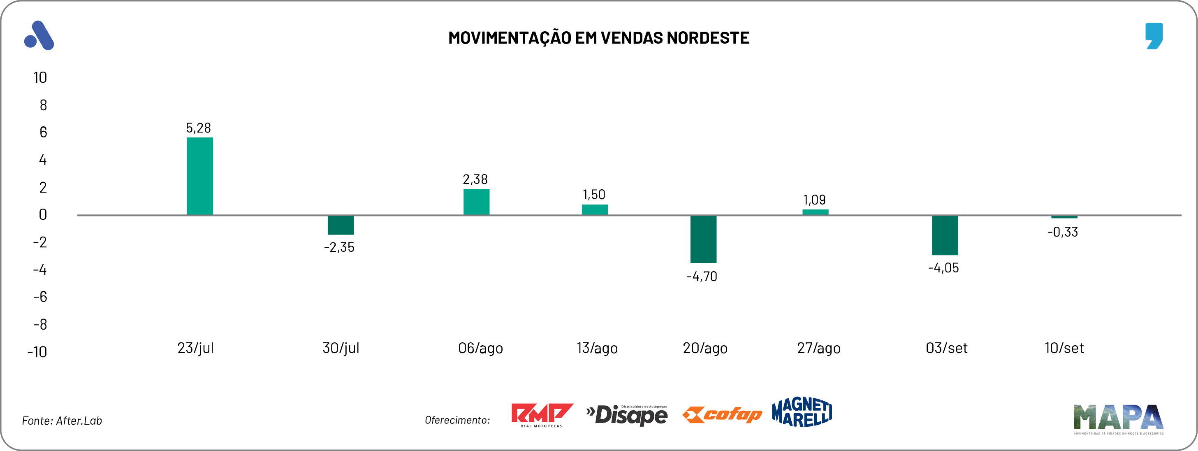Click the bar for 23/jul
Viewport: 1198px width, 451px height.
click(199, 176)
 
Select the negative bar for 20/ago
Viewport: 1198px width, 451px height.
click(703, 239)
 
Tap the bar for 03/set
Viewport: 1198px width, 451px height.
click(945, 235)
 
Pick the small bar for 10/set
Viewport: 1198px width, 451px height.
click(1064, 217)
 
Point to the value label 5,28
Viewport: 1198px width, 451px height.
click(198, 128)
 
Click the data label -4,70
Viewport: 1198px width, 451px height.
click(702, 277)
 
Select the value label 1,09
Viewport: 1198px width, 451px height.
click(814, 200)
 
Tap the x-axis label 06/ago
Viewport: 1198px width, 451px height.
click(480, 348)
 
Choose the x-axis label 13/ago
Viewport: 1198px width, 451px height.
click(597, 348)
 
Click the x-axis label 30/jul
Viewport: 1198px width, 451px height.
click(341, 348)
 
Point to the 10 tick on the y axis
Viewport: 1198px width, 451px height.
click(40, 78)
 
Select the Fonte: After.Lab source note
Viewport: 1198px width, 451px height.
click(62, 421)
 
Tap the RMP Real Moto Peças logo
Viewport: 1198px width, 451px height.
click(541, 415)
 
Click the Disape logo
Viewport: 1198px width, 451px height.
click(627, 415)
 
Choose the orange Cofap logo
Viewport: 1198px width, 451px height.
click(722, 414)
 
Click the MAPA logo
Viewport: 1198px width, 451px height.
click(1118, 418)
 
